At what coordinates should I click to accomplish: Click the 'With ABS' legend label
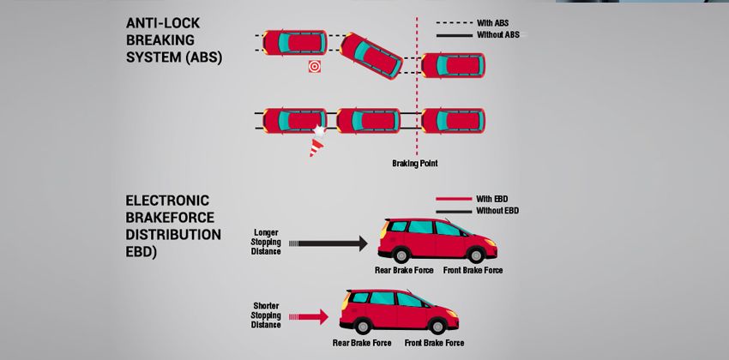coord(498,22)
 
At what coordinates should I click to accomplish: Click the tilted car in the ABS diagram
coord(371,56)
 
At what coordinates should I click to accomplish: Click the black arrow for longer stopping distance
coord(330,244)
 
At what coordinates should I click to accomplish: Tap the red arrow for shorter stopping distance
coord(311,317)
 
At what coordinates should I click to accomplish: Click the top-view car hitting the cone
coord(294,121)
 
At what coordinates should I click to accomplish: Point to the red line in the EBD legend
coord(454,199)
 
